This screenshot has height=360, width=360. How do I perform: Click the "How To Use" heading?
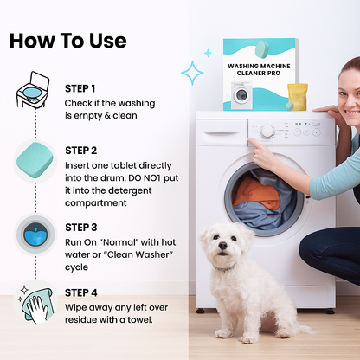click(x=68, y=41)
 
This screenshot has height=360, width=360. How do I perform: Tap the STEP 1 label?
click(x=80, y=88)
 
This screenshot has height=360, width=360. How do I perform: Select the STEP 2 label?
click(x=80, y=150)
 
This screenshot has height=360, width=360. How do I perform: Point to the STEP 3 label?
click(x=80, y=227)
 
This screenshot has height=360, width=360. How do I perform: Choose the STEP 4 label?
click(x=80, y=292)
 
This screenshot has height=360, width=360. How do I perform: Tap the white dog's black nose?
click(x=220, y=248)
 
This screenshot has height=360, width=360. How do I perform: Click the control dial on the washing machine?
click(x=267, y=131)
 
